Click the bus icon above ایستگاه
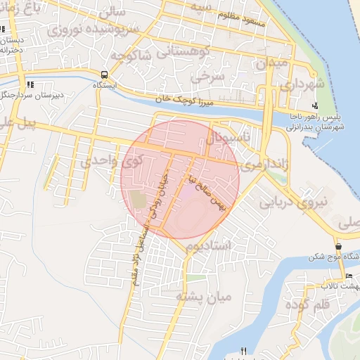105,75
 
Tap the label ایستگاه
105,84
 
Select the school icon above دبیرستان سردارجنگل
30,84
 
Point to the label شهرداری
303,84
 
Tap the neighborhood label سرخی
210,72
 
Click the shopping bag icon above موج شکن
339,247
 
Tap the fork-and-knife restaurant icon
244,351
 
